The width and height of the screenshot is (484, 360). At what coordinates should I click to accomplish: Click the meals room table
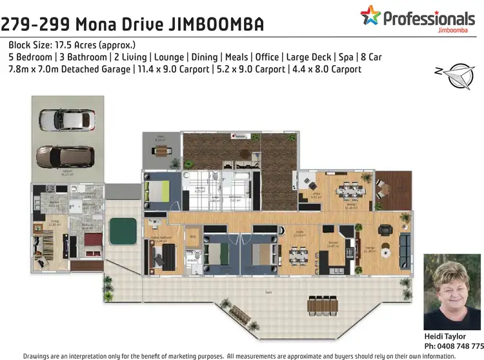point(297,256)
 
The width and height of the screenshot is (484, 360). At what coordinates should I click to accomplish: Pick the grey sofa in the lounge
point(405,248)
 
